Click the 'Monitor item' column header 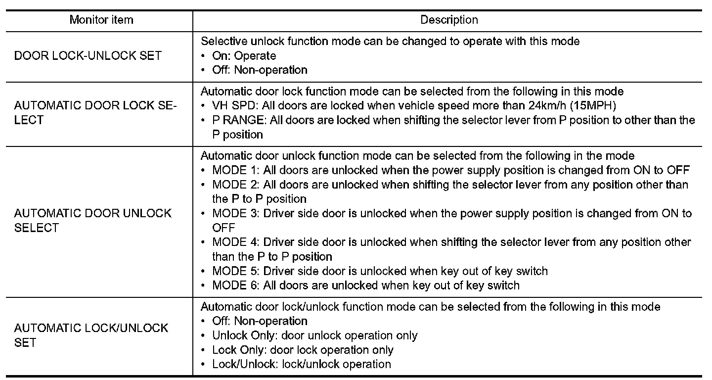coord(101,20)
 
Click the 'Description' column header coord(449,20)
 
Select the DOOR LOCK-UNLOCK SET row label coord(88,55)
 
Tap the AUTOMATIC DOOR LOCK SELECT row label coord(95,113)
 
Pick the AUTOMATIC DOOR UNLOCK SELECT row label coord(93,221)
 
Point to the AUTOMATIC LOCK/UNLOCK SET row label coord(91,335)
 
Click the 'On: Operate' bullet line coord(244,55)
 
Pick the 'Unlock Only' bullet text coord(243,335)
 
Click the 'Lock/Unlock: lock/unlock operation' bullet coord(302,364)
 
